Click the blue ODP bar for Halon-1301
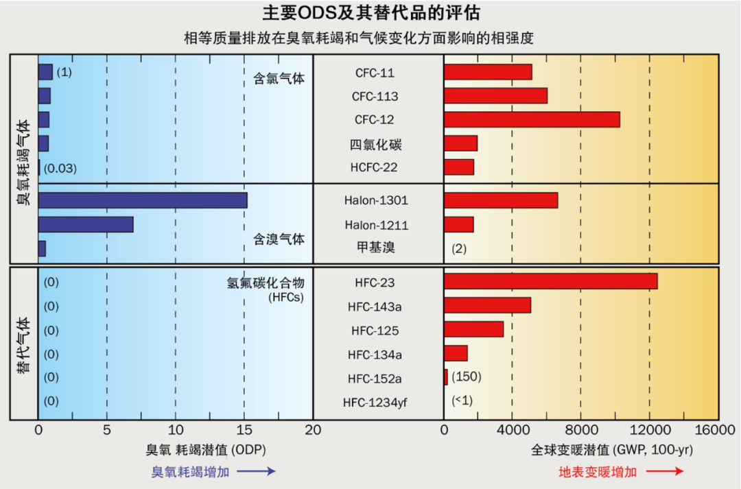(x=142, y=200)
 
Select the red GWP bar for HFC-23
(x=550, y=281)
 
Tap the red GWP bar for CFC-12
(x=532, y=119)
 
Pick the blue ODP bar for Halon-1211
(x=86, y=224)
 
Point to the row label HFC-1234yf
(x=375, y=402)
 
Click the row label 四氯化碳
(x=375, y=144)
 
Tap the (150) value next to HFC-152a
(x=467, y=377)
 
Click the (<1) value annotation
(x=462, y=401)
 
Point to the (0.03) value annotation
(x=60, y=168)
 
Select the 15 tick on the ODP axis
(x=244, y=431)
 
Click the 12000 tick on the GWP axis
(x=649, y=431)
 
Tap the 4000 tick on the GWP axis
(x=512, y=431)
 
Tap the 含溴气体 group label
(x=279, y=239)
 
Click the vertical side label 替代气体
(x=23, y=344)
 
